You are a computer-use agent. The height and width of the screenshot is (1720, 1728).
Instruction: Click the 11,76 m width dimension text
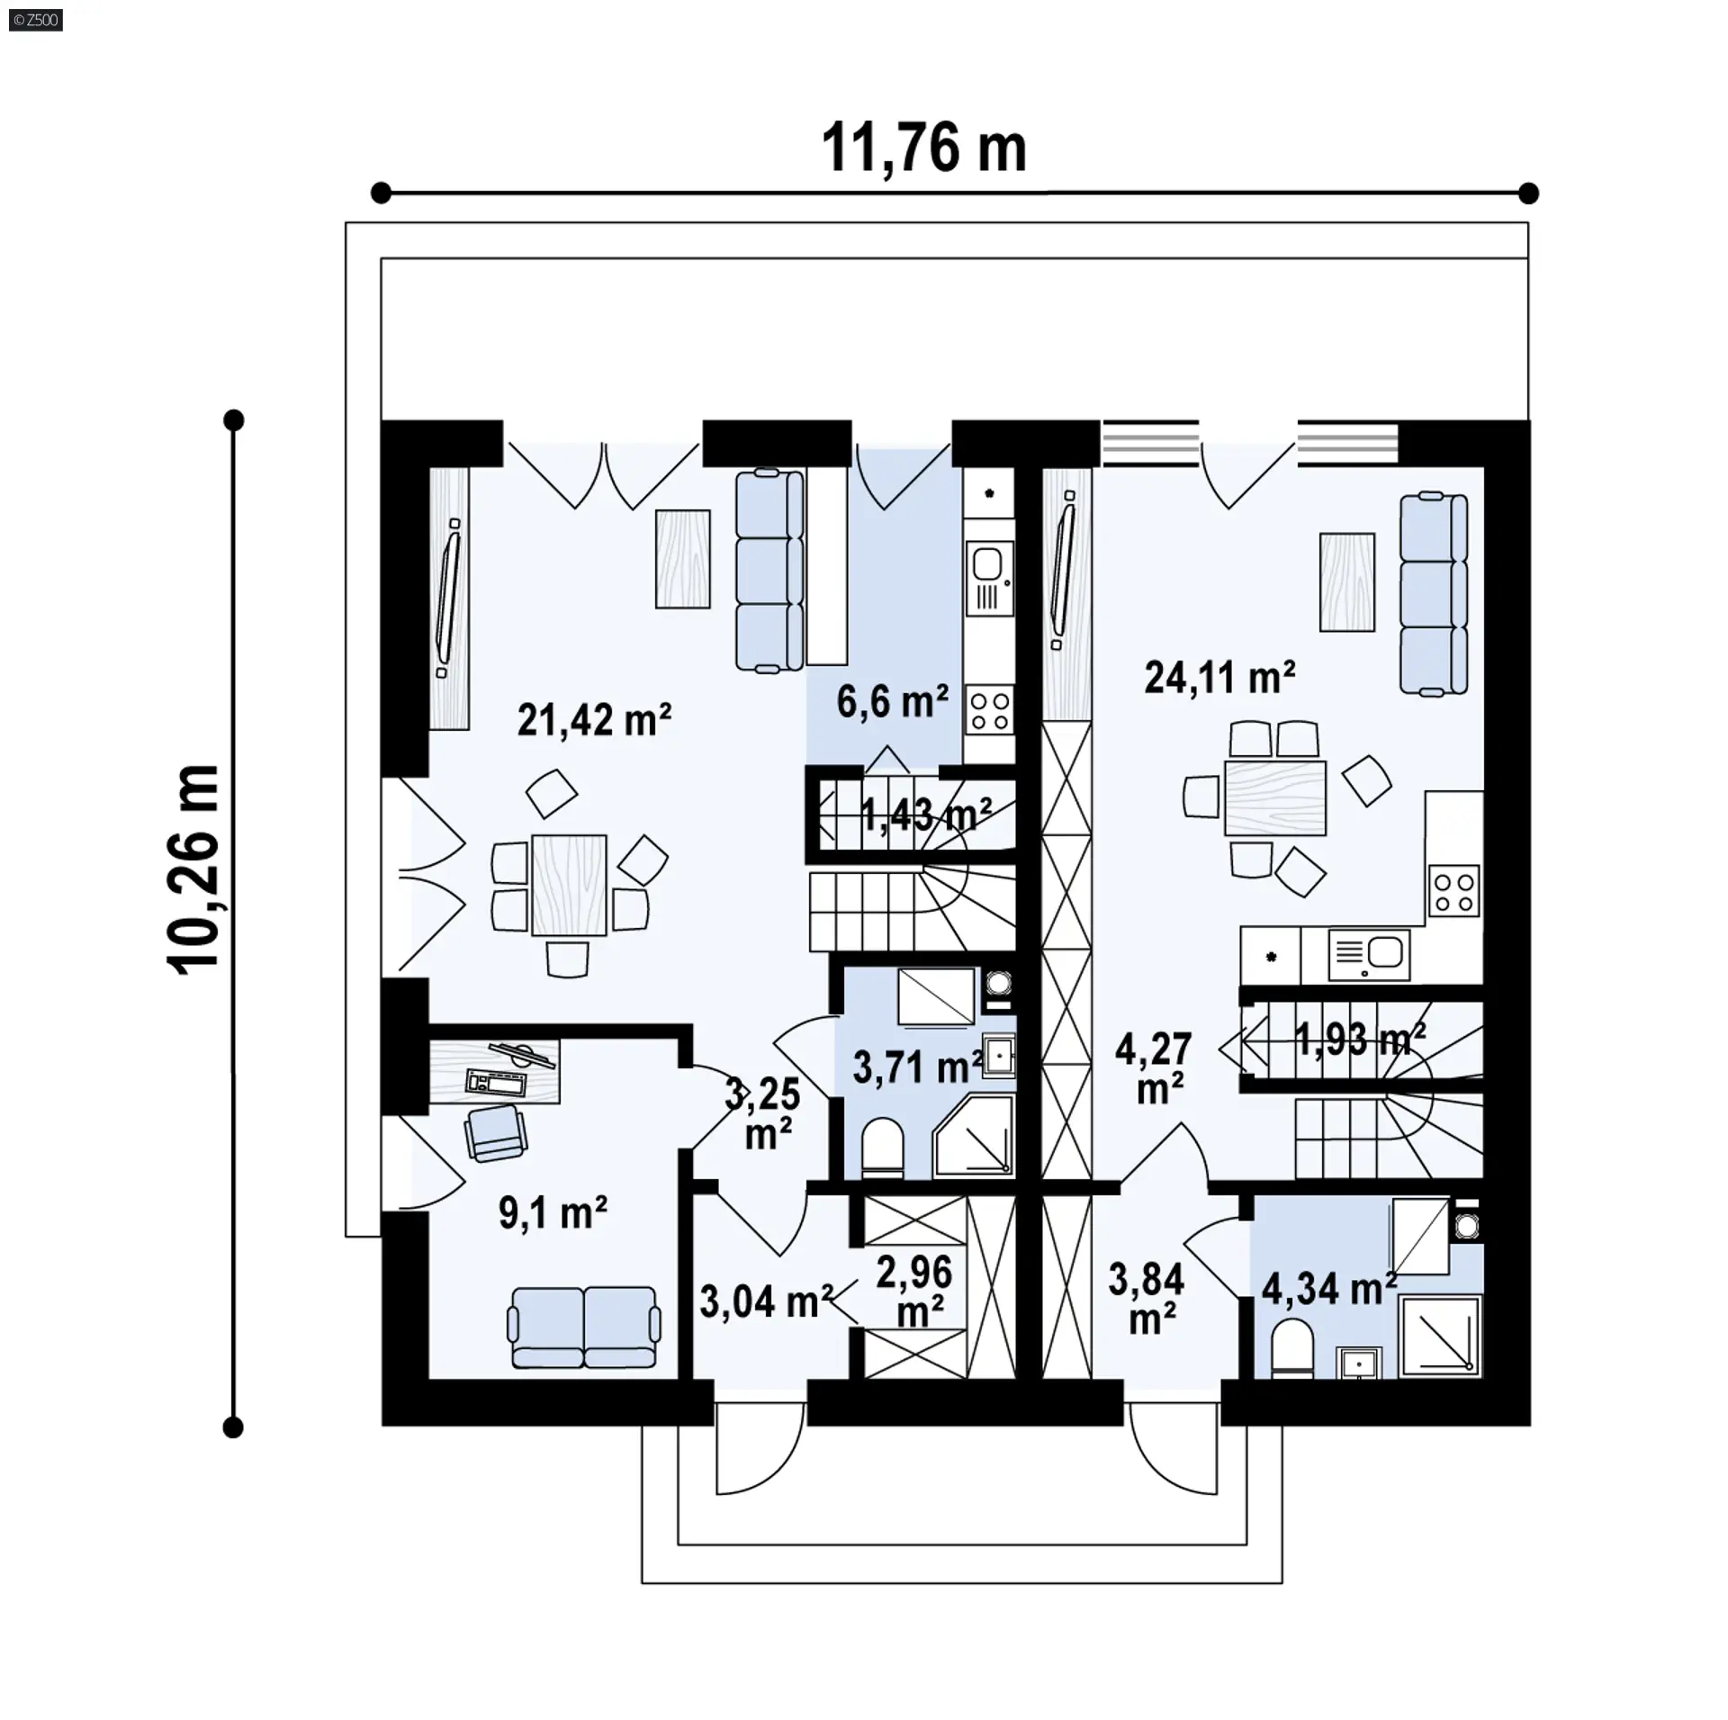tap(923, 149)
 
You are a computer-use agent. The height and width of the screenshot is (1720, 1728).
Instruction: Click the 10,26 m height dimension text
tap(193, 869)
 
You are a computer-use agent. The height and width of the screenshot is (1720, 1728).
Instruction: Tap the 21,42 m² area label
tap(594, 720)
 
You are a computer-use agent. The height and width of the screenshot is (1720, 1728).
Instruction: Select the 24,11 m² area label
tap(1219, 677)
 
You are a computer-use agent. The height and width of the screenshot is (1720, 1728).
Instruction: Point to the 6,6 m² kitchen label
tap(892, 701)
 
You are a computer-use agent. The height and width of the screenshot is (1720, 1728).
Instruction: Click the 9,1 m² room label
tap(553, 1213)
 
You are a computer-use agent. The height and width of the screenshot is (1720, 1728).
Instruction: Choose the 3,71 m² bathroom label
tap(917, 1068)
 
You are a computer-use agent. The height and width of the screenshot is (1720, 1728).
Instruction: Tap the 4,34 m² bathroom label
tap(1328, 1290)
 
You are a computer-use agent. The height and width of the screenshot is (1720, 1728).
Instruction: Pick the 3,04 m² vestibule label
tap(765, 1302)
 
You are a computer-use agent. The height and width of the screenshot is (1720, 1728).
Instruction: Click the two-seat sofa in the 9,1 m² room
tap(585, 1328)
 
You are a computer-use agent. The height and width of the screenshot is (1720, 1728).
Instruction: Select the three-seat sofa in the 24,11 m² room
tap(1434, 595)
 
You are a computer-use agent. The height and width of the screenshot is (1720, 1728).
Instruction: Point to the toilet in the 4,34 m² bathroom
tap(1292, 1350)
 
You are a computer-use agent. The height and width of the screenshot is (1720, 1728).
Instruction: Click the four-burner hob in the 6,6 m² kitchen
tap(989, 710)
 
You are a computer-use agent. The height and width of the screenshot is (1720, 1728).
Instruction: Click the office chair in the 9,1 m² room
tap(495, 1132)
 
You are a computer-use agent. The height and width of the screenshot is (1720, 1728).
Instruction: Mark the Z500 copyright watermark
tap(35, 19)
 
